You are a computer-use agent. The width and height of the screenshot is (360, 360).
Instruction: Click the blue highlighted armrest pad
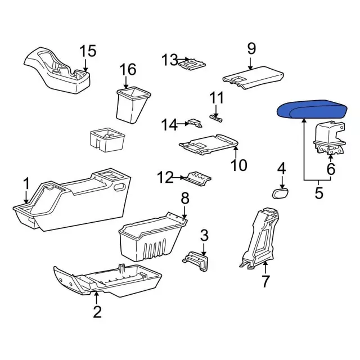point(312,109)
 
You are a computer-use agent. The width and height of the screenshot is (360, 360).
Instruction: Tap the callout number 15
point(88,51)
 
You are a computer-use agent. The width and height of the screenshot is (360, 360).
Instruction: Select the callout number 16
point(128,69)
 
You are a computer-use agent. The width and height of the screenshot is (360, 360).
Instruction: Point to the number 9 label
point(251,49)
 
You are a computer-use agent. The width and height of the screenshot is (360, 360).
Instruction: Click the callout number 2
point(97,312)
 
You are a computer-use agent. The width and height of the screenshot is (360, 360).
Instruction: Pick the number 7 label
point(265,281)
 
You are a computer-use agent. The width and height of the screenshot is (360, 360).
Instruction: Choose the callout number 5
point(319,193)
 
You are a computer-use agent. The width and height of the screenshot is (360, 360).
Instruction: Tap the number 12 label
point(165,177)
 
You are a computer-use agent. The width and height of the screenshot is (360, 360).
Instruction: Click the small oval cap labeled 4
point(281,193)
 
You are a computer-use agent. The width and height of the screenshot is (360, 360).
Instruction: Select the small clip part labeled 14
point(195,123)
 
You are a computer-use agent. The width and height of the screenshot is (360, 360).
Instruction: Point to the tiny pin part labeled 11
point(216,119)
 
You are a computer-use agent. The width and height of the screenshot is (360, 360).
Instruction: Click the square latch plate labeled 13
point(192,64)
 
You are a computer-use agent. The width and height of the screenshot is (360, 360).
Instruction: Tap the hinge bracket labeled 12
point(197,179)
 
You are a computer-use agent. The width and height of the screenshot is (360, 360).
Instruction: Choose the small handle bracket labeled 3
point(196,261)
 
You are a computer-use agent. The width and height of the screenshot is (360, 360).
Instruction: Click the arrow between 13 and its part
point(183,60)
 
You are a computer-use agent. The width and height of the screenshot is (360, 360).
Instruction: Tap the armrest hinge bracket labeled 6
point(329,138)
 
